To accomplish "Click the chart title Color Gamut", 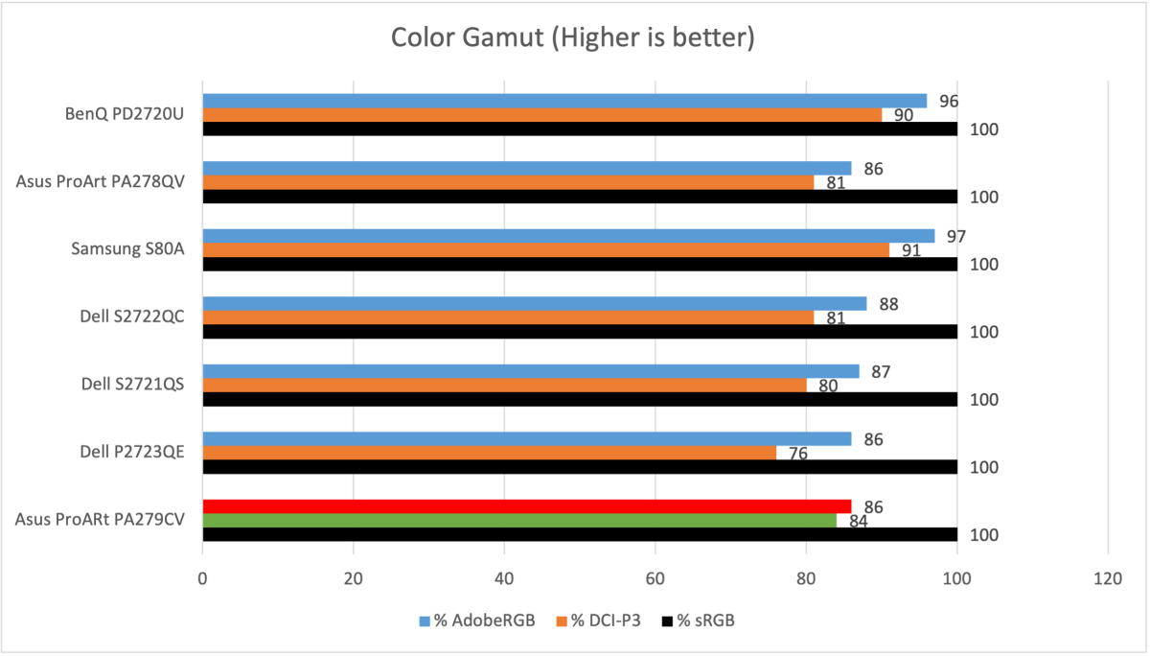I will (573, 38).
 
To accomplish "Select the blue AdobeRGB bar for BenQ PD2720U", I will (564, 101).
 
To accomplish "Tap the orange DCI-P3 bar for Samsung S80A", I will (545, 250).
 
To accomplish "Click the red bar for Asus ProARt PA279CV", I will (526, 506).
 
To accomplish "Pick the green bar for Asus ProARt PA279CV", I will (518, 521).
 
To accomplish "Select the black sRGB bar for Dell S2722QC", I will (580, 332).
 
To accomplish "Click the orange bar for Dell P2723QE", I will (489, 453).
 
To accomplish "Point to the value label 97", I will (956, 237).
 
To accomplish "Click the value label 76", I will (797, 454).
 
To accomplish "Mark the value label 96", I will (949, 102).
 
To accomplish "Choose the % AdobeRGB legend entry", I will (476, 621).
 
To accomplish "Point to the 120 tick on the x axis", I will (1108, 579).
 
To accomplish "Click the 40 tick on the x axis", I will (504, 579).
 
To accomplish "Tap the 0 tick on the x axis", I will (203, 579).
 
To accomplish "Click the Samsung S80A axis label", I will (127, 249).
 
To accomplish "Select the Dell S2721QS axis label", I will (132, 385).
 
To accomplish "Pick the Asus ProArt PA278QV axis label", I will (100, 181).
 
